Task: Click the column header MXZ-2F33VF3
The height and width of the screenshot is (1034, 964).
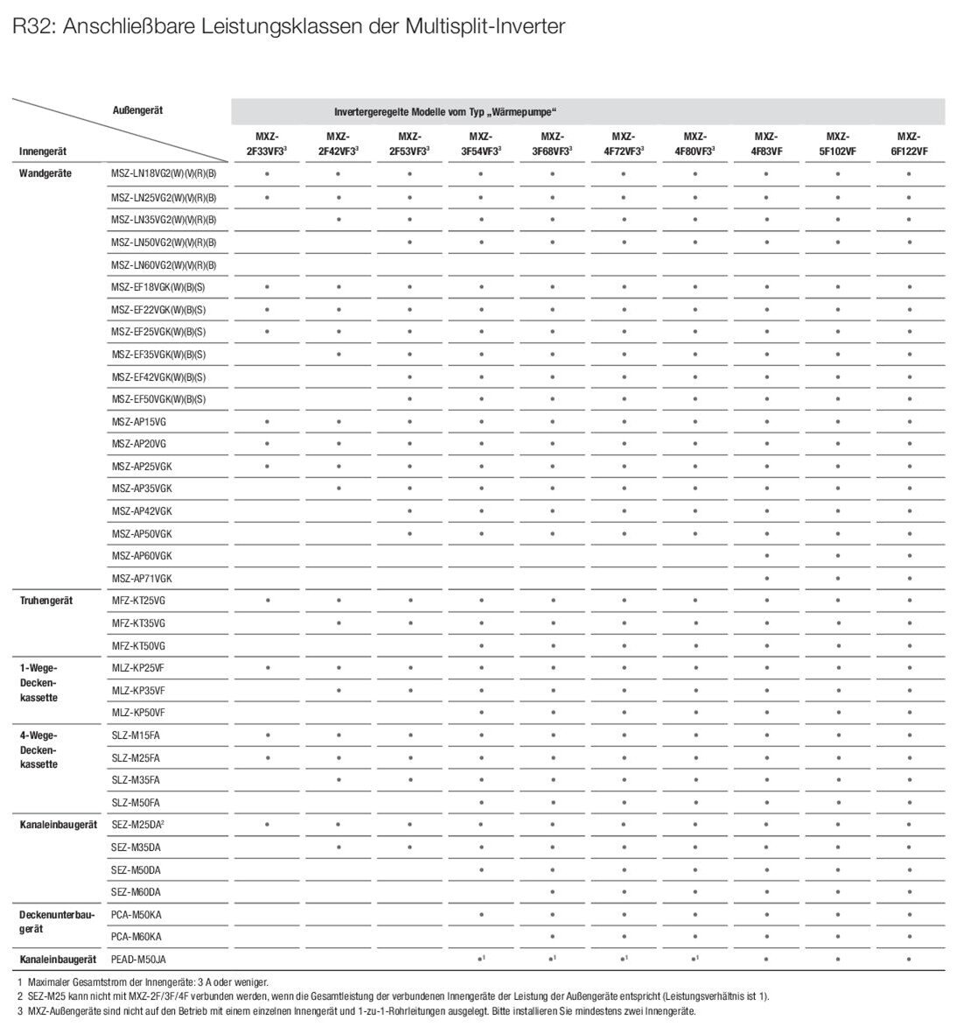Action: tap(266, 144)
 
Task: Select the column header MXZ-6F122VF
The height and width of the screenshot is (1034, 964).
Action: tap(909, 144)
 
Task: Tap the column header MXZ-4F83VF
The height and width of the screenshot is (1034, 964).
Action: tap(765, 144)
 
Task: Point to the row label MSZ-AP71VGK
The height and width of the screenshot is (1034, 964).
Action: tap(141, 579)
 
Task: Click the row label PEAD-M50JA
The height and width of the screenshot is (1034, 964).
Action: tap(138, 960)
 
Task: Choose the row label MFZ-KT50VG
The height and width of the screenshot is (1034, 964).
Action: tap(137, 645)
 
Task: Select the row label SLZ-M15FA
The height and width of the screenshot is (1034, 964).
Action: tap(135, 735)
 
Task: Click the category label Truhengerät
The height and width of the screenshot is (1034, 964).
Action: tap(45, 601)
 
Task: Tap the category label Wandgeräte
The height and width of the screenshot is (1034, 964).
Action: tap(45, 173)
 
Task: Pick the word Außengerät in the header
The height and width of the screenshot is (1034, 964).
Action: tap(137, 110)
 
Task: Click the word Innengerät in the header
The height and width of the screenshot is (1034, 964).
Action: tap(44, 151)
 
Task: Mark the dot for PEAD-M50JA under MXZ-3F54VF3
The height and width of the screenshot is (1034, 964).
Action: tap(481, 960)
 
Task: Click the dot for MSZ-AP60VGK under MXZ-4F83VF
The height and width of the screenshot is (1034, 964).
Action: tap(765, 556)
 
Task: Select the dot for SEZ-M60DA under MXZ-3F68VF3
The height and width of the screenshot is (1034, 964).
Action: tap(552, 892)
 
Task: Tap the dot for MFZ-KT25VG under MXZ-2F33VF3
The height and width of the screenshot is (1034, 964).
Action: tap(267, 601)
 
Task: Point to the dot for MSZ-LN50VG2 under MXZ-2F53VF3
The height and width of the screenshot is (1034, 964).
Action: tap(409, 242)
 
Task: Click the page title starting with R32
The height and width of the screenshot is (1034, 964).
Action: tap(289, 27)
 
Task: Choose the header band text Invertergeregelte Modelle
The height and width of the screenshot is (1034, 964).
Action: tap(445, 112)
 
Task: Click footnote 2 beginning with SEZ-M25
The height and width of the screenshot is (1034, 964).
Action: tap(394, 996)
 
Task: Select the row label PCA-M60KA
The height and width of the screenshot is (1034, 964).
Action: tap(136, 936)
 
